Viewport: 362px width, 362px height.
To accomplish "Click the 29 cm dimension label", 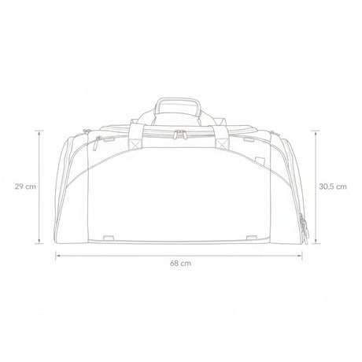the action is pos(25,187).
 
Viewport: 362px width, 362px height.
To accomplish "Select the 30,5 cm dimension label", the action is pos(333,187).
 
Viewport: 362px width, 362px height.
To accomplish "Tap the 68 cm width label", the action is pos(180,263).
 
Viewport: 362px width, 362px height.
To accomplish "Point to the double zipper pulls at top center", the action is pos(179,134).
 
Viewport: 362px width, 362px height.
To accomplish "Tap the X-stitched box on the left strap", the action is pos(135,143).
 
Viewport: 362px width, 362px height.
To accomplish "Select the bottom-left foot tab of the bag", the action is pos(109,238).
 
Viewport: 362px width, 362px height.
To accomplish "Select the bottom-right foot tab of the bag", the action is pos(251,238).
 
